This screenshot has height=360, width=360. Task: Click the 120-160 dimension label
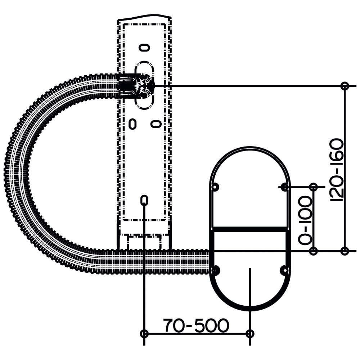click(337, 170)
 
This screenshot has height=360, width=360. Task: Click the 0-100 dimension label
click(305, 220)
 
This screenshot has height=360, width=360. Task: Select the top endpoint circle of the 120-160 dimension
click(345, 86)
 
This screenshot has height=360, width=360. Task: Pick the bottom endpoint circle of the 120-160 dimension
click(345, 251)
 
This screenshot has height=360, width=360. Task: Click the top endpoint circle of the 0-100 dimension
click(314, 187)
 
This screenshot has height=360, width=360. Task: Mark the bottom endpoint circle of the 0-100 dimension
click(314, 251)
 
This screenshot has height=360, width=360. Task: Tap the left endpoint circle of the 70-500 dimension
click(144, 333)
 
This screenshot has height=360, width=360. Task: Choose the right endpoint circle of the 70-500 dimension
click(250, 333)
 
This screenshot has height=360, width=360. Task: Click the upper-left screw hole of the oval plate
click(215, 187)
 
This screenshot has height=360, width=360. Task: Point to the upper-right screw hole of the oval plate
click(285, 187)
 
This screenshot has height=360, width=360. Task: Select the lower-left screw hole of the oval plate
click(215, 270)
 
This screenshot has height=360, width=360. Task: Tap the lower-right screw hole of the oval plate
click(285, 270)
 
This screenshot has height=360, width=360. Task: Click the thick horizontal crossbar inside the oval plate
click(250, 229)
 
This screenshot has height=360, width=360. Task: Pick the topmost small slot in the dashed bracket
click(145, 48)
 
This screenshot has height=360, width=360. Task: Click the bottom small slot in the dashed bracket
click(144, 200)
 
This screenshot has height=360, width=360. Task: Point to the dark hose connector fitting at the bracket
click(135, 86)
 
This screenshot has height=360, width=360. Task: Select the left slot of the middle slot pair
click(132, 124)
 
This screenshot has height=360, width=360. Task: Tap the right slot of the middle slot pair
click(156, 124)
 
